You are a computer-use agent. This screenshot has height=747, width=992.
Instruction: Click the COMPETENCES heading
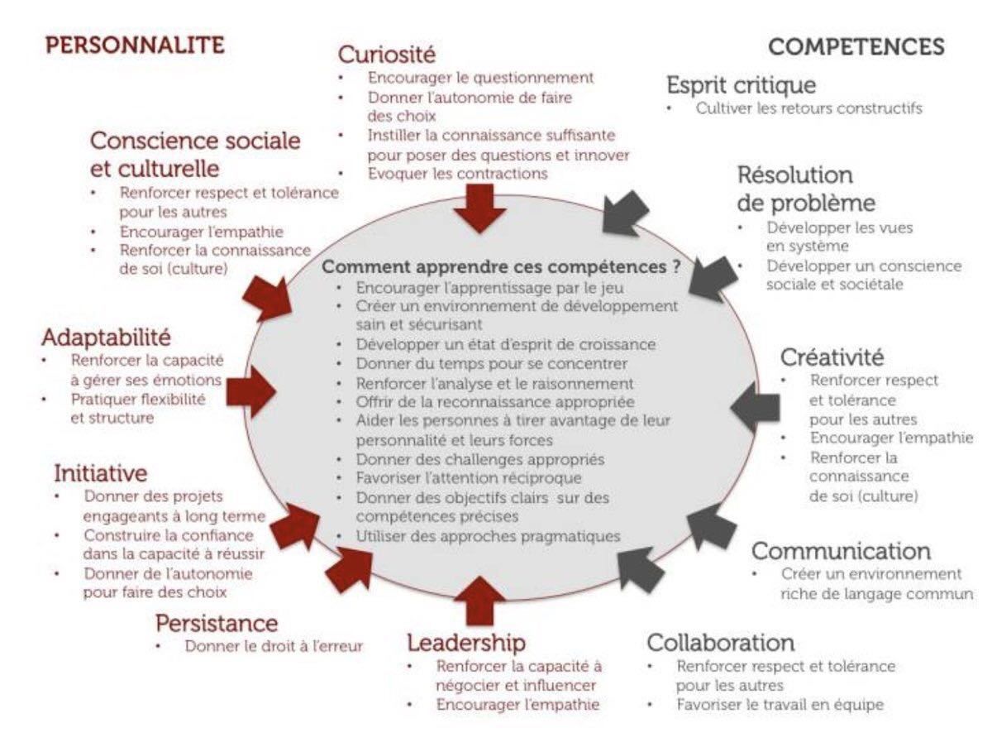click(x=856, y=46)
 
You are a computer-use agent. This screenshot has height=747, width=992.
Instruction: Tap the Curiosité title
click(x=386, y=55)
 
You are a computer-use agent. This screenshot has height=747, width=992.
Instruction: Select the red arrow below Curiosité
click(x=479, y=208)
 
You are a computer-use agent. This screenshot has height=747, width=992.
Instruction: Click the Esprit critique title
click(x=741, y=84)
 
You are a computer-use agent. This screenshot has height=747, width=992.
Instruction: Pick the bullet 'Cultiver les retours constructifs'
click(x=808, y=108)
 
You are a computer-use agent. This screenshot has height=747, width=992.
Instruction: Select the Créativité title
click(x=832, y=357)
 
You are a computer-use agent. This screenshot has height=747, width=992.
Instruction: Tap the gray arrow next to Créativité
click(x=756, y=407)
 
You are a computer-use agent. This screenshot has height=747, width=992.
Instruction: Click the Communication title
click(x=841, y=551)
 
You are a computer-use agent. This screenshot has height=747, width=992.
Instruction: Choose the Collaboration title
click(x=720, y=643)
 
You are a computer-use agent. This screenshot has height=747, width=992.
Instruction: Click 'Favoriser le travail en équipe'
click(x=780, y=705)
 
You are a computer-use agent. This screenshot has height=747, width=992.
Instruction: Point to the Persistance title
click(x=217, y=623)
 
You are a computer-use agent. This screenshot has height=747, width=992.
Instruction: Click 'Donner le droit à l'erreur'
click(x=274, y=646)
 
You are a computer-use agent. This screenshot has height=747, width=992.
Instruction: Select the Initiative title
click(x=101, y=473)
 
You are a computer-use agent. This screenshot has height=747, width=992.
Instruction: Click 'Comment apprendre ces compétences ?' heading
click(x=501, y=268)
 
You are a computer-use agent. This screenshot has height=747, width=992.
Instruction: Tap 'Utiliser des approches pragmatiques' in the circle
click(x=488, y=536)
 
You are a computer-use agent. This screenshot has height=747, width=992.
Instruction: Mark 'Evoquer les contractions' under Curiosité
click(x=457, y=173)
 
